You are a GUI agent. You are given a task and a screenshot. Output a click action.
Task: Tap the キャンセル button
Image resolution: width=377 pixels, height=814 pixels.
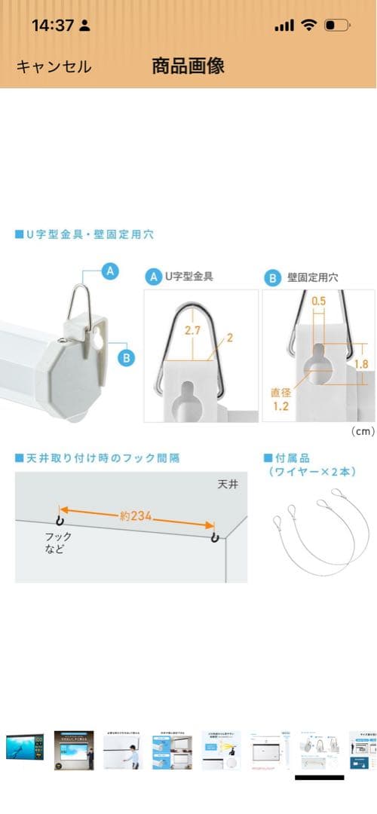pyautogui.click(x=54, y=66)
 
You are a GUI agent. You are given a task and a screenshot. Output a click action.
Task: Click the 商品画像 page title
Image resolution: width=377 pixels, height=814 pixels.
pyautogui.click(x=188, y=66)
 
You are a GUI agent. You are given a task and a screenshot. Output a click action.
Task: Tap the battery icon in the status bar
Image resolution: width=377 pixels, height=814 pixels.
pyautogui.click(x=336, y=25)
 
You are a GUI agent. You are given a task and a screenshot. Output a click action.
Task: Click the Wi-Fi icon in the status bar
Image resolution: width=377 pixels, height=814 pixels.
pyautogui.click(x=308, y=25)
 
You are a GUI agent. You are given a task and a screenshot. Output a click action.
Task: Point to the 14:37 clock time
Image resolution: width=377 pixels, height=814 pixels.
pyautogui.click(x=52, y=25)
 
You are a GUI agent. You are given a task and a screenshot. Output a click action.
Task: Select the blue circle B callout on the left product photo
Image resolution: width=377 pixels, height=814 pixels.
pyautogui.click(x=126, y=358)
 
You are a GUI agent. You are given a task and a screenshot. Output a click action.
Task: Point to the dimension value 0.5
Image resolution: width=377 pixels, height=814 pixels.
pyautogui.click(x=320, y=302)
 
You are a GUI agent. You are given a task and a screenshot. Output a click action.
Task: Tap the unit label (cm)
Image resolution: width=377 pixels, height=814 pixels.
pyautogui.click(x=361, y=432)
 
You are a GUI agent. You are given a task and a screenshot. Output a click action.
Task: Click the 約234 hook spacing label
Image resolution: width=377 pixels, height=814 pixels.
pyautogui.click(x=136, y=516)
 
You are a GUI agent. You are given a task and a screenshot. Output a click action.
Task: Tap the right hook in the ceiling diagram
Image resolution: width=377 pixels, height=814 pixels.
pyautogui.click(x=215, y=537)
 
